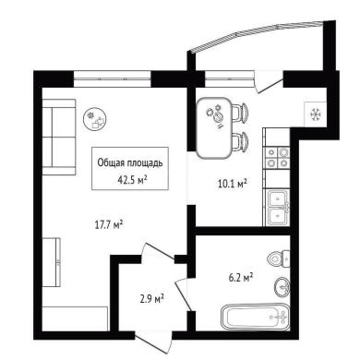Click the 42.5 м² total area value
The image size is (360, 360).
coord(132,180)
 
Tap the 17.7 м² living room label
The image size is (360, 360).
coord(109,224)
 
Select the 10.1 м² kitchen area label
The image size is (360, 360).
coord(233,184)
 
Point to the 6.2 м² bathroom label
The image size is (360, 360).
coord(241,278)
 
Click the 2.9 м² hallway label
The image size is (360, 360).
coord(151,298)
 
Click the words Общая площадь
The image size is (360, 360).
coord(130,163)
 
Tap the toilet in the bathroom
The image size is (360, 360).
coord(279,258)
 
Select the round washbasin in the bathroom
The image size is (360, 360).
coord(282,287)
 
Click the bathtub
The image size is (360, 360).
coord(255,317)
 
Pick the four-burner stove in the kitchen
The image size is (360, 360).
coord(277,158)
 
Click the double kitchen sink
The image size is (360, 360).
coord(278,208)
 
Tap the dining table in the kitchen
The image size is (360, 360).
coord(214,127)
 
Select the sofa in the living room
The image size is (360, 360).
coord(59,137)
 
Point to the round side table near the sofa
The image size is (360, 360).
coord(95,119)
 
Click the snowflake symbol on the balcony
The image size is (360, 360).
coord(316,114)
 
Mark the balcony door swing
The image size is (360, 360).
coord(269,81)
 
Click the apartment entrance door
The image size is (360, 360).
coord(153,342)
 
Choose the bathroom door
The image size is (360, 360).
coord(185,294)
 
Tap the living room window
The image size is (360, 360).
coord(113,78)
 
